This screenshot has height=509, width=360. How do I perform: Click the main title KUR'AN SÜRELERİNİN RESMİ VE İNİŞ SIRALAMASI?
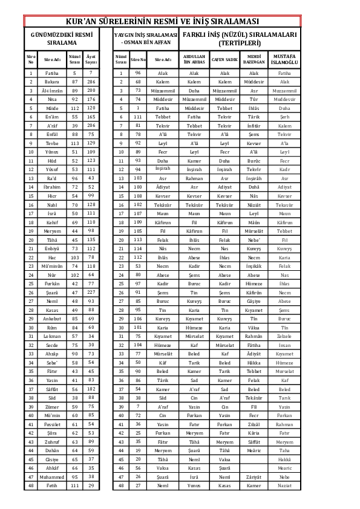tap(179, 22)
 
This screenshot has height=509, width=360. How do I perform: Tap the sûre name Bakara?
tap(52, 82)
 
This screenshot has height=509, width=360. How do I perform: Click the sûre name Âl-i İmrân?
tap(52, 90)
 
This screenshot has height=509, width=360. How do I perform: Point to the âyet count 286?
tap(91, 82)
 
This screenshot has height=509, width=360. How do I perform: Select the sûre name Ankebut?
tap(52, 319)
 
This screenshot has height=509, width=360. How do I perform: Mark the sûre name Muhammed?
tap(52, 476)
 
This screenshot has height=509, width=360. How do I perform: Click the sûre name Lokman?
tap(52, 336)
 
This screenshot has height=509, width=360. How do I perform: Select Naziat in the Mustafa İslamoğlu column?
tap(284, 485)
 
